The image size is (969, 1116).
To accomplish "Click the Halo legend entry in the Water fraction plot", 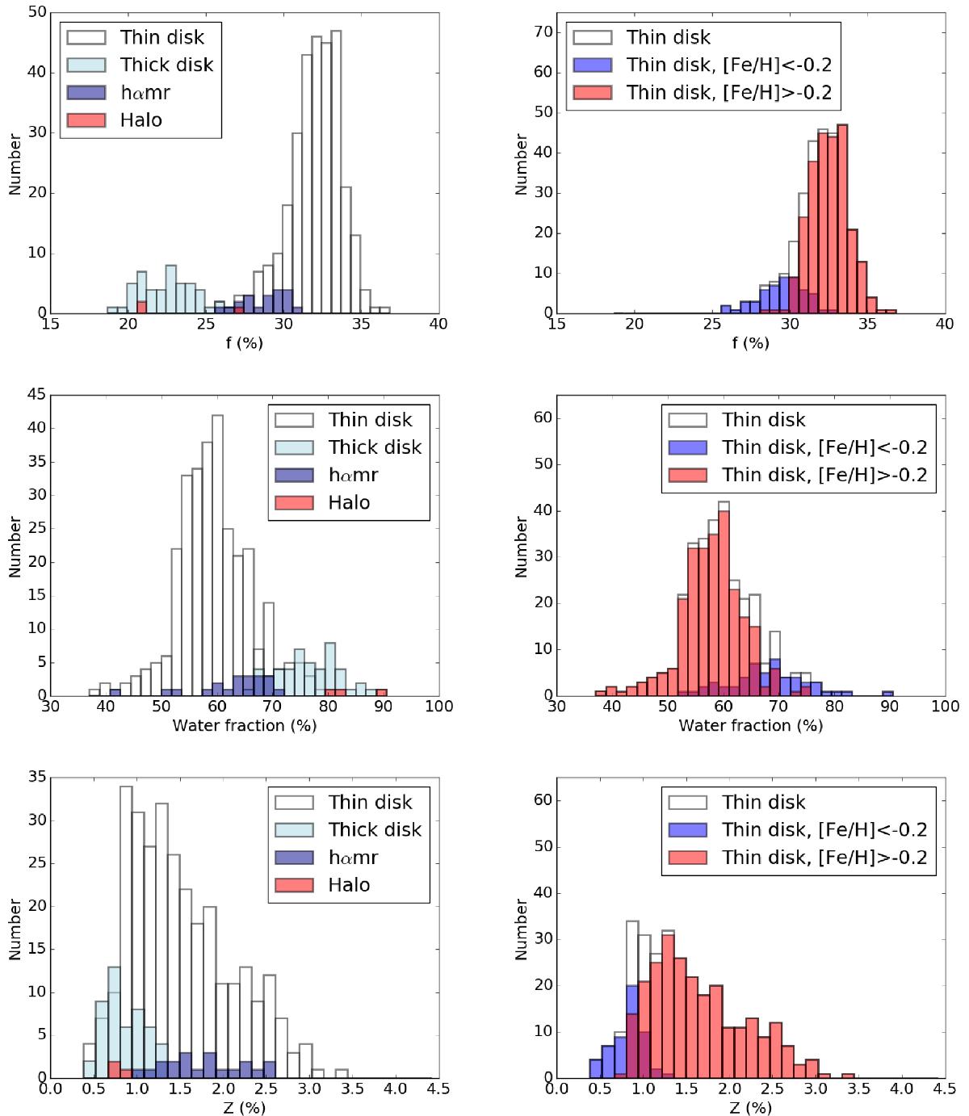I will (x=348, y=502).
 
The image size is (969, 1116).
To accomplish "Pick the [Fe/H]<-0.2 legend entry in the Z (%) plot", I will (x=824, y=830).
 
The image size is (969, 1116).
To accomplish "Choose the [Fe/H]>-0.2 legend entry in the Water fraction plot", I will (x=824, y=475).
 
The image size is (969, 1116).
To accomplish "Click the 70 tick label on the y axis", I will (x=542, y=32).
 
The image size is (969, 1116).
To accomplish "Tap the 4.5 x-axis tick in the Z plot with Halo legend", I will (x=438, y=1088).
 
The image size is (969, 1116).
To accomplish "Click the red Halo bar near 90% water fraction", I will (x=381, y=692).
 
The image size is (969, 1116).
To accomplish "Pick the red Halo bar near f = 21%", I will (x=142, y=307).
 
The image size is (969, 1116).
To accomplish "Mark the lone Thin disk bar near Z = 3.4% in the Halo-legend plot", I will (x=342, y=1074).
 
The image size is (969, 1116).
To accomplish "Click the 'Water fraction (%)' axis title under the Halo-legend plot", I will (x=245, y=725).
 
